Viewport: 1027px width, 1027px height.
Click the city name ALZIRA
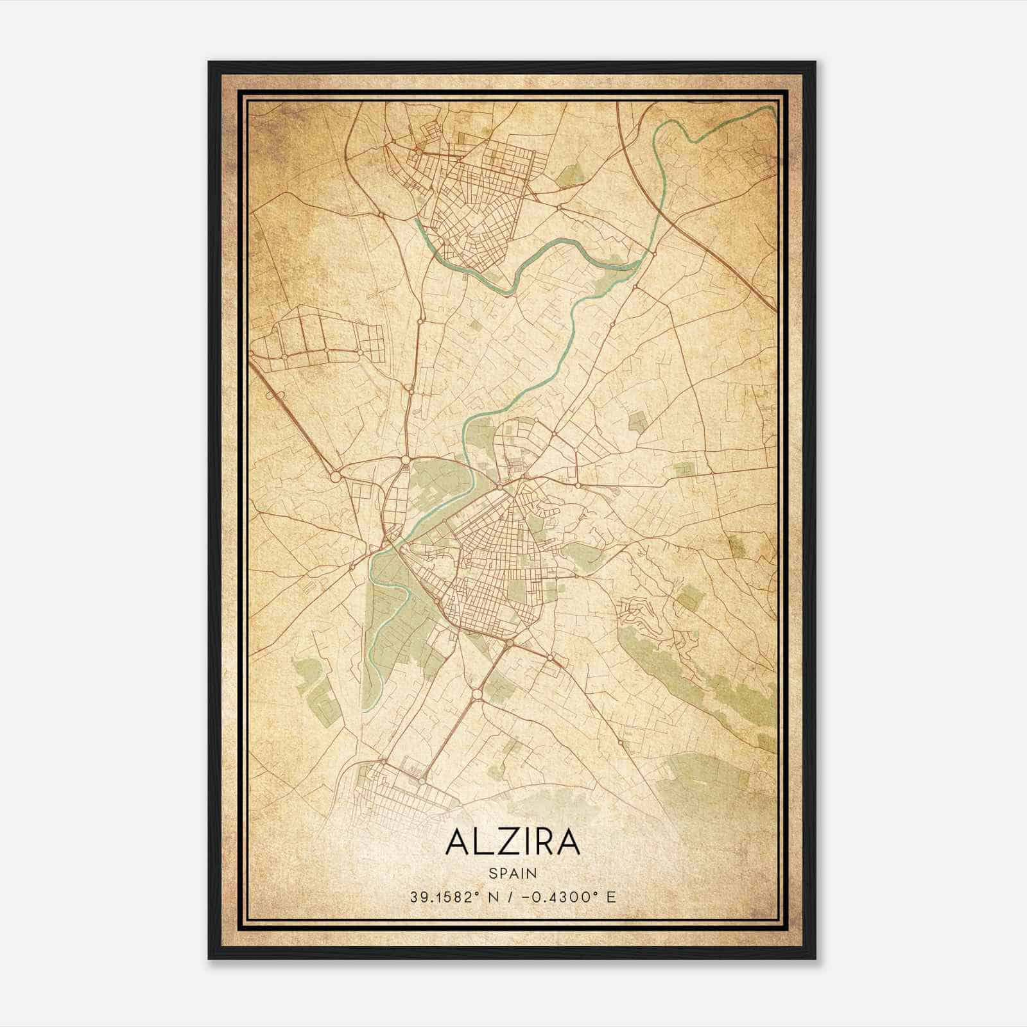click(x=512, y=842)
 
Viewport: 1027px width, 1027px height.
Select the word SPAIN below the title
click(x=512, y=873)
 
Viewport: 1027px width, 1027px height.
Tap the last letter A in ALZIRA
click(x=569, y=842)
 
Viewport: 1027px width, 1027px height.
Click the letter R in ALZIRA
click(x=542, y=842)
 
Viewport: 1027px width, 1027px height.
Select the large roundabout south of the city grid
click(x=477, y=695)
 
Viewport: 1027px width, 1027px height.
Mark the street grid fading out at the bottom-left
click(x=398, y=796)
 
